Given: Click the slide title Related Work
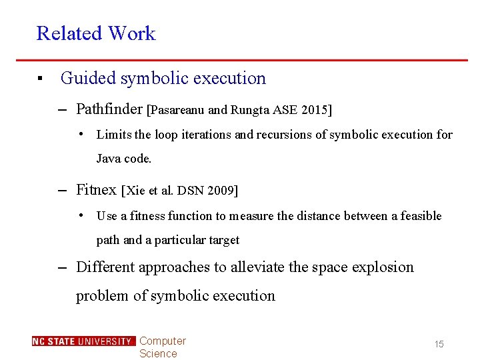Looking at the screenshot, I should pyautogui.click(x=95, y=33).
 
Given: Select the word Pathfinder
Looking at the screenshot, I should pyautogui.click(x=109, y=109).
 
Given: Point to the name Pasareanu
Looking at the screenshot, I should pyautogui.click(x=177, y=109).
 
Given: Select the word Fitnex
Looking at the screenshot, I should pyautogui.click(x=96, y=190).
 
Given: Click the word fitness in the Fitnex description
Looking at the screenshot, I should pyautogui.click(x=147, y=216).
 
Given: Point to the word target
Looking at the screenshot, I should pyautogui.click(x=223, y=240).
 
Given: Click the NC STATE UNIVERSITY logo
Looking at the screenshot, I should pyautogui.click(x=83, y=341).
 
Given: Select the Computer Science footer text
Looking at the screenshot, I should pyautogui.click(x=162, y=347).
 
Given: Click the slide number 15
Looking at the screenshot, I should pyautogui.click(x=439, y=344).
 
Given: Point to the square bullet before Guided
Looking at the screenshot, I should pyautogui.click(x=40, y=79).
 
